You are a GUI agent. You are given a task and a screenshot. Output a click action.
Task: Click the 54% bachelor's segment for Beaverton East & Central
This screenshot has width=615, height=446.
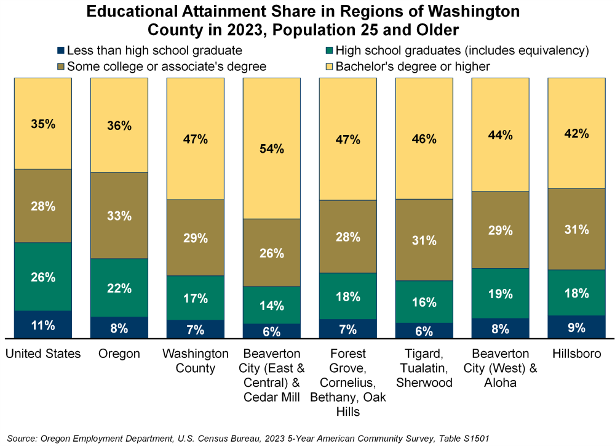tap(271, 148)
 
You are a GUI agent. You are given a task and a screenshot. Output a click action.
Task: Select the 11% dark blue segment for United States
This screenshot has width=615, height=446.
tap(43, 325)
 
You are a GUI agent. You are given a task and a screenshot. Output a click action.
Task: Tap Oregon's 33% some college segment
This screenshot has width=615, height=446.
tap(119, 216)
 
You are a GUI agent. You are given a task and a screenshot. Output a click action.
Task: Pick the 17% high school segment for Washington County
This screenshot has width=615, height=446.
tap(195, 298)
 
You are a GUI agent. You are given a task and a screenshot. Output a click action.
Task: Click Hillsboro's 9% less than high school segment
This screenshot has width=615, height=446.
tap(576, 327)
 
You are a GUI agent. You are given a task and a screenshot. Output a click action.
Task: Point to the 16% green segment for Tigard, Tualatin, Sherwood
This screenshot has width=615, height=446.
tap(424, 302)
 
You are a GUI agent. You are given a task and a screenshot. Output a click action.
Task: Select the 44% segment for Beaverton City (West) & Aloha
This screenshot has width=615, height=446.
tap(500, 135)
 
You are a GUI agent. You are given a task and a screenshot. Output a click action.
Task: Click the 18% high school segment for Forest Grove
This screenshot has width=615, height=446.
tap(347, 296)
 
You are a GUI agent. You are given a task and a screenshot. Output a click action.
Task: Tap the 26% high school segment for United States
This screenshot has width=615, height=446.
tap(43, 277)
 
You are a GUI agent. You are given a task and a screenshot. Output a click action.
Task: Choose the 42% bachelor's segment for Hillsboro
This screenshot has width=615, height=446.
tap(576, 133)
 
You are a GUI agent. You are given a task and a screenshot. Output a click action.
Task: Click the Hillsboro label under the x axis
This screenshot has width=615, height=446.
tap(576, 354)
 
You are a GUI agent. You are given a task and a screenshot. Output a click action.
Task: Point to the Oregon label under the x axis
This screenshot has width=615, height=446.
tap(119, 354)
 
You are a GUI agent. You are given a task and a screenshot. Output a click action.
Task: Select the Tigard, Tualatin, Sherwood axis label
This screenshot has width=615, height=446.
tap(424, 368)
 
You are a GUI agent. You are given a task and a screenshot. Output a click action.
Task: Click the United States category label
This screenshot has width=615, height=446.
tap(43, 354)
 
